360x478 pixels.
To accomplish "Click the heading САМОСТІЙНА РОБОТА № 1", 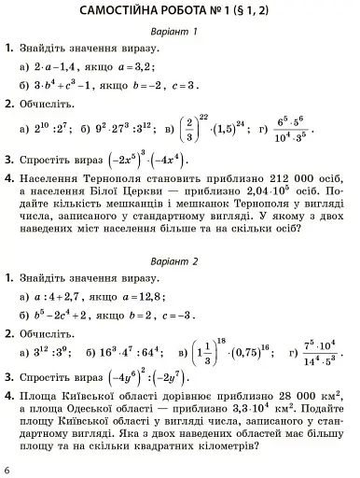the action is pyautogui.click(x=181, y=11).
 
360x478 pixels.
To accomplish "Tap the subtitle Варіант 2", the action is pyautogui.click(x=181, y=259).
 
